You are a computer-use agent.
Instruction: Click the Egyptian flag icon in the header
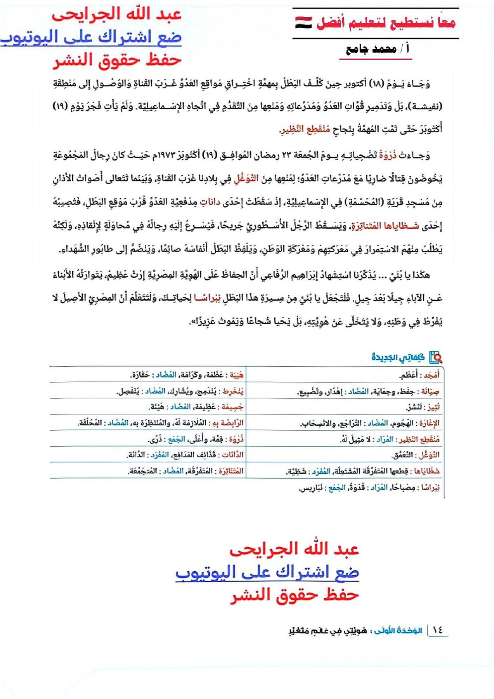[x=303, y=23]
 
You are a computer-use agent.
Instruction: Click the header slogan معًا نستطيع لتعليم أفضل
[x=386, y=23]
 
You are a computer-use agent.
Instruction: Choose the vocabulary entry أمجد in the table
[x=431, y=375]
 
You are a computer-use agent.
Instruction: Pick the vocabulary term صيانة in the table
[x=430, y=392]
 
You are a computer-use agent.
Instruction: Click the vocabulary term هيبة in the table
[x=236, y=375]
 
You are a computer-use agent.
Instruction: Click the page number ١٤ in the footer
[x=437, y=630]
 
